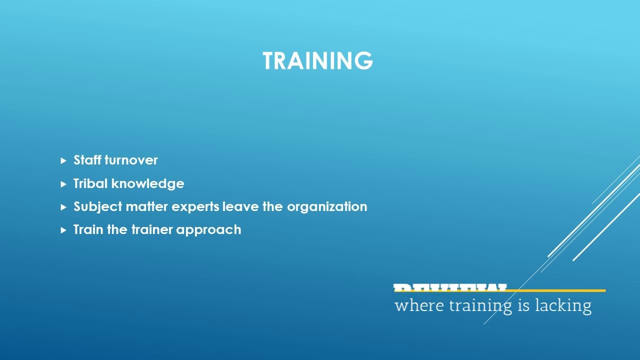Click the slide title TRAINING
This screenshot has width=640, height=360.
[x=317, y=60]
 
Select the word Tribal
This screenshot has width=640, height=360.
[x=90, y=183]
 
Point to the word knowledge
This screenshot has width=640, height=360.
[x=147, y=184]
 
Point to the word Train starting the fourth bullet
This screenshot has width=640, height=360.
[x=88, y=229]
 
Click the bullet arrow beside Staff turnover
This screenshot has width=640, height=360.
[x=63, y=160]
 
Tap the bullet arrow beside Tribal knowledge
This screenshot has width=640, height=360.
[x=63, y=184]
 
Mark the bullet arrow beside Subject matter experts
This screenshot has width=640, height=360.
[x=63, y=207]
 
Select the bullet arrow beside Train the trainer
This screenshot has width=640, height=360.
[x=63, y=230]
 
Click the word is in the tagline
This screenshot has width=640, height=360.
[x=523, y=305]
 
